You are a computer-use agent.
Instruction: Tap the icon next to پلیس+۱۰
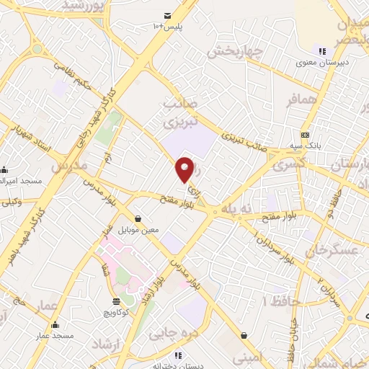click(167, 15)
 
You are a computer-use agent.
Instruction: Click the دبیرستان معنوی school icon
click(322, 50)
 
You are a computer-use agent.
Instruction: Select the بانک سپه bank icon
click(306, 134)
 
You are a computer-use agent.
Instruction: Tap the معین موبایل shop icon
click(138, 218)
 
